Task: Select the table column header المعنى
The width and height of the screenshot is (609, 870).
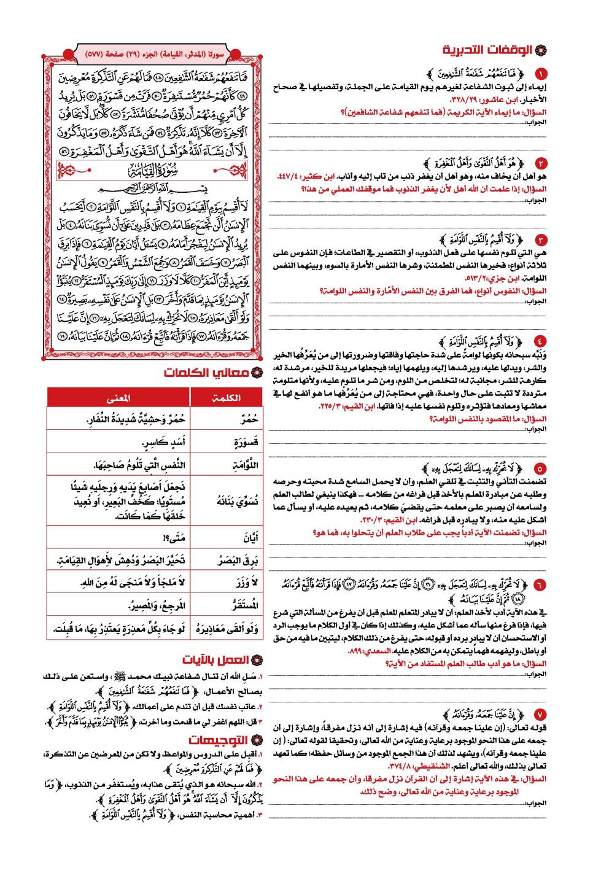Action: [x=118, y=398]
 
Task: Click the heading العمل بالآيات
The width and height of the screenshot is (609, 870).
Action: [x=216, y=660]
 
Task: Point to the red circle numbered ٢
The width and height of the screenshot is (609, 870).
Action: [x=540, y=163]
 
